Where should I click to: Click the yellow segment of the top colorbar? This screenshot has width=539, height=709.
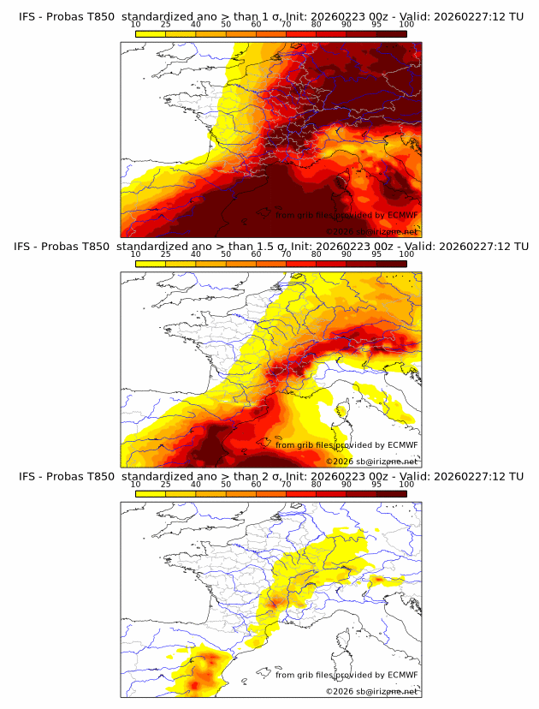tap(151, 33)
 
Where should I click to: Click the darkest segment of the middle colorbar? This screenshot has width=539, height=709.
tap(392, 263)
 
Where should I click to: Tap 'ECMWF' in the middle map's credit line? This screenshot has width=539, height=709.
tap(401, 444)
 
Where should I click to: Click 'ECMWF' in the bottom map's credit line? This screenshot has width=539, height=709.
tap(401, 675)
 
